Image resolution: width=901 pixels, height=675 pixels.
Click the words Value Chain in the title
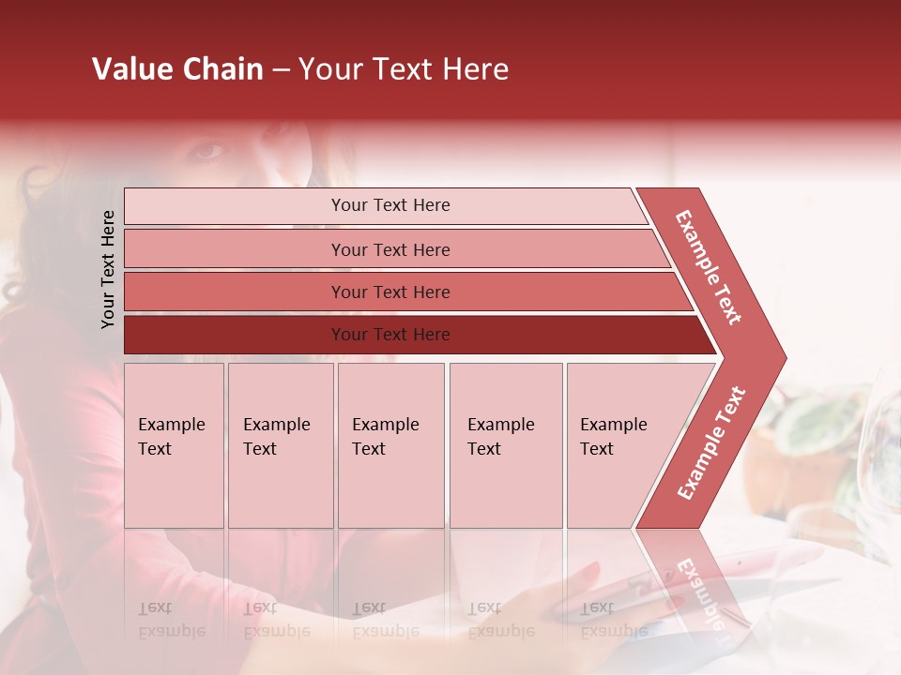[177, 69]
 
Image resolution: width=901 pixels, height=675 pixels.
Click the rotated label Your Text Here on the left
[108, 269]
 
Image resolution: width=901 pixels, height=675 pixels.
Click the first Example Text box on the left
[174, 445]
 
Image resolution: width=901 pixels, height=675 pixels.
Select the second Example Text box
[281, 445]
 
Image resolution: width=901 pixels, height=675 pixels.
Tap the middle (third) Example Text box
[390, 445]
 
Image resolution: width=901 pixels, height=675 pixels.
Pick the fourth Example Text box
[506, 445]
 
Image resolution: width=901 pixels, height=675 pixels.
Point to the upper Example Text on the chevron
[709, 267]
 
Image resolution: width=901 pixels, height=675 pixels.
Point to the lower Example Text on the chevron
[710, 442]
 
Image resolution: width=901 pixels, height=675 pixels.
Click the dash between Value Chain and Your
[281, 71]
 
